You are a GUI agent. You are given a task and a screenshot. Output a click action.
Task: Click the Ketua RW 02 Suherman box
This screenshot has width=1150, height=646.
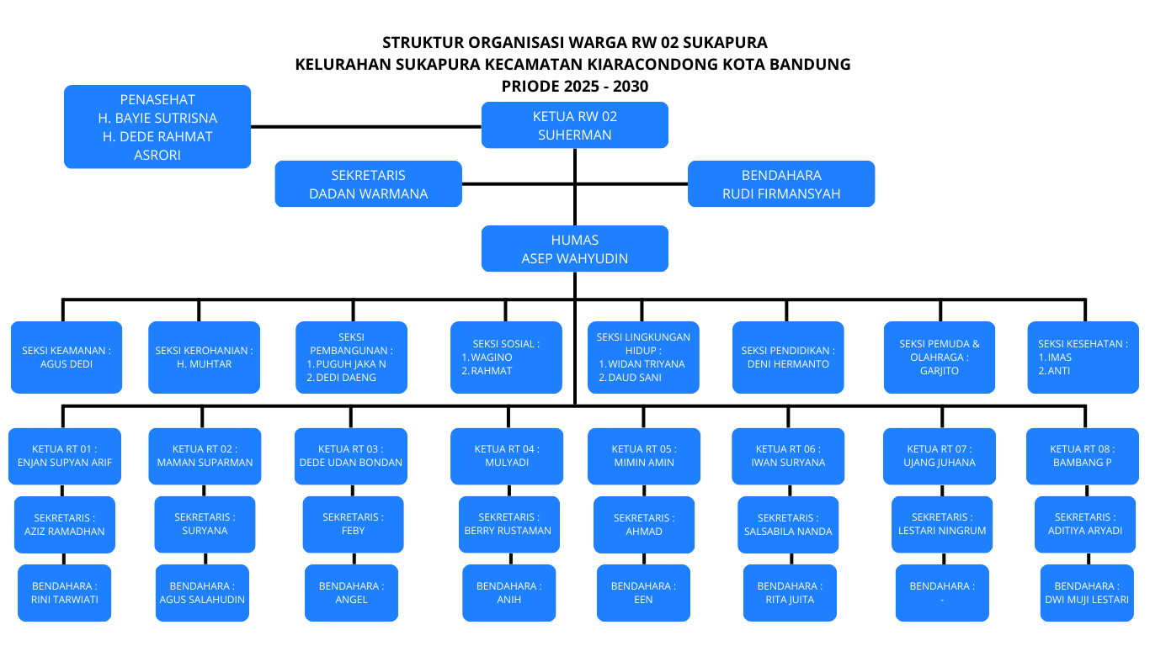pyautogui.click(x=575, y=125)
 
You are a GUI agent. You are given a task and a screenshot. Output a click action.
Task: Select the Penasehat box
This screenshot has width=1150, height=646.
pyautogui.click(x=157, y=126)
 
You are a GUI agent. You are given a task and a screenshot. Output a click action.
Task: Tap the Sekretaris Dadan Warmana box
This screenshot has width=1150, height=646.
pyautogui.click(x=369, y=184)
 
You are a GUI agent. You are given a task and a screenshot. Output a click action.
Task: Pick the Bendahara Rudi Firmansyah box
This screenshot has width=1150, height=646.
pyautogui.click(x=781, y=184)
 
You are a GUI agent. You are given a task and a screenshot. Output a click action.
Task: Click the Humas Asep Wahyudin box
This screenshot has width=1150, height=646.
pyautogui.click(x=575, y=249)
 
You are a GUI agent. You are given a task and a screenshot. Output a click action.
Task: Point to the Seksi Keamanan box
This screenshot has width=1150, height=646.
pyautogui.click(x=67, y=357)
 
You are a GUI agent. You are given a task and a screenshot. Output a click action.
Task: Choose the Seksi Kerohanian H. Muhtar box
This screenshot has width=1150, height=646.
pyautogui.click(x=204, y=357)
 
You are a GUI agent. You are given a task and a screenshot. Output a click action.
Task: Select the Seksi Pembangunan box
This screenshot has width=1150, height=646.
pyautogui.click(x=351, y=357)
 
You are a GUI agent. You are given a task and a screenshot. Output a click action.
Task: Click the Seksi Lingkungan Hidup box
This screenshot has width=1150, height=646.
pyautogui.click(x=643, y=357)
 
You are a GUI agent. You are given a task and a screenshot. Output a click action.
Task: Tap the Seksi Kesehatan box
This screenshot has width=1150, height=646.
pyautogui.click(x=1083, y=357)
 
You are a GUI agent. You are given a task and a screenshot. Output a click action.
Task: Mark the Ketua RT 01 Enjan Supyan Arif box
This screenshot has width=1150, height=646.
pyautogui.click(x=65, y=456)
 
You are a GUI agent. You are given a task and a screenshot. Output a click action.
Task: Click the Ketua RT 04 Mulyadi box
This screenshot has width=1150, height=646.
pyautogui.click(x=506, y=456)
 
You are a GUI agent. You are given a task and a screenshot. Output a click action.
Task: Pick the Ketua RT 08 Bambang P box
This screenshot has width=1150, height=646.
pyautogui.click(x=1082, y=456)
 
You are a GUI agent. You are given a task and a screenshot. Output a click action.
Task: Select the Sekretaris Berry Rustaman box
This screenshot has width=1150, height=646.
pyautogui.click(x=508, y=524)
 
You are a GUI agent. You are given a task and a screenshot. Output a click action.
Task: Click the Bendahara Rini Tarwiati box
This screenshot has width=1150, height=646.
pyautogui.click(x=65, y=593)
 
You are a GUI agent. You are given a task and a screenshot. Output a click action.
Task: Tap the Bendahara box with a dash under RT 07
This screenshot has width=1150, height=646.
pyautogui.click(x=942, y=593)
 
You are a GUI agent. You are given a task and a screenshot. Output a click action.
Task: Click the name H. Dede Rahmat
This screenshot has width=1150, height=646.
pyautogui.click(x=157, y=136)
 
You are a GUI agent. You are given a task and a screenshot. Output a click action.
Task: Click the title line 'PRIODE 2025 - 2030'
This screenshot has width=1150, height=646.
pyautogui.click(x=575, y=86)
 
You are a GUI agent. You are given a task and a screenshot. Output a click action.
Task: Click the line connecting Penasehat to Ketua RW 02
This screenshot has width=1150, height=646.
pyautogui.click(x=365, y=127)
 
